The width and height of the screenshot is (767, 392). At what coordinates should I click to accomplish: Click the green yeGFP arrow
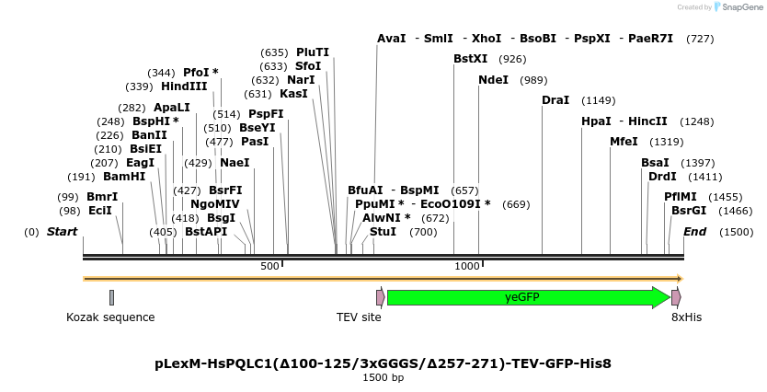coord(528,297)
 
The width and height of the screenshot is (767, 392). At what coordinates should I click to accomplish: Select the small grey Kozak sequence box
coord(111,297)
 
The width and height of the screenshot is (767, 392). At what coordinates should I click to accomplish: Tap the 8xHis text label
coord(686,317)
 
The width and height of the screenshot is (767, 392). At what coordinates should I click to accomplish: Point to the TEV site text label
coord(359,317)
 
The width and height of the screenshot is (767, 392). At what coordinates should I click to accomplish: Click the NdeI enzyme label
coord(493,80)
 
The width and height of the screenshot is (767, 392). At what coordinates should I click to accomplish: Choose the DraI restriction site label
coord(555,100)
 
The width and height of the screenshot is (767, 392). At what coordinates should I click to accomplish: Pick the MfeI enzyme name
coord(624,142)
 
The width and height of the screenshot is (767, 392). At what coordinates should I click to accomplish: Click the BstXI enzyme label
coord(471,59)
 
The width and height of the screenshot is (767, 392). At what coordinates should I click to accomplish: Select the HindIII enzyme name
coord(184,86)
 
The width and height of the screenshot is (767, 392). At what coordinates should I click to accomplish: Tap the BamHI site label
coord(124,177)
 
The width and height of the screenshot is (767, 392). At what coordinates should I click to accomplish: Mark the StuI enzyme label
coord(383,232)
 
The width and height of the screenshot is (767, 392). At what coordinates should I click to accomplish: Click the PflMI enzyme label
coord(681,197)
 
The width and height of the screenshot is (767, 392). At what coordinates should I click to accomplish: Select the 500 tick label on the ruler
coord(269,266)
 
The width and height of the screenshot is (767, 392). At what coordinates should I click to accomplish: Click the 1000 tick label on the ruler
coord(467,266)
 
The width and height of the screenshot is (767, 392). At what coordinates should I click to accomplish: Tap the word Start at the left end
coord(63,232)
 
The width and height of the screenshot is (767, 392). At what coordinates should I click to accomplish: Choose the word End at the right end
coord(694,232)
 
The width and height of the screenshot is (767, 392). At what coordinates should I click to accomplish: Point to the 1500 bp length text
coord(383,378)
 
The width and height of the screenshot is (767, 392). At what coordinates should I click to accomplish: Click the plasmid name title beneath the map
coord(383,363)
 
